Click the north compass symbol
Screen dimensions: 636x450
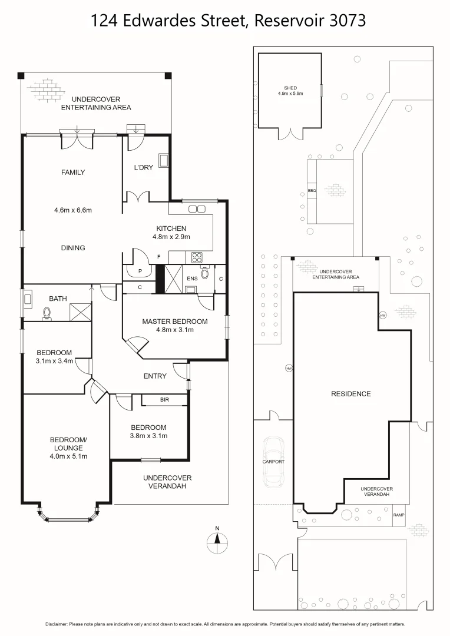[218, 538]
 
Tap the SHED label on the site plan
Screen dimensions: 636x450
[290, 88]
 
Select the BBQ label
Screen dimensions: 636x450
[312, 191]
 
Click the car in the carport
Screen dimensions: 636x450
[274, 462]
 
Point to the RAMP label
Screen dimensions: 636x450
[399, 515]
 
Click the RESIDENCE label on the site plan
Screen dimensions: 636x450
[350, 394]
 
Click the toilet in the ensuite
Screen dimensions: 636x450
[204, 273]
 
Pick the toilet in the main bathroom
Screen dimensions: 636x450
[47, 313]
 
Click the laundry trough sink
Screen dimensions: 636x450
[163, 161]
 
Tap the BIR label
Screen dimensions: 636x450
[164, 400]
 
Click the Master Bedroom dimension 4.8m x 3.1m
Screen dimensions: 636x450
[174, 330]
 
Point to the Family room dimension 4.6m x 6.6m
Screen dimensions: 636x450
[73, 210]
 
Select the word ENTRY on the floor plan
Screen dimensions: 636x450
[155, 376]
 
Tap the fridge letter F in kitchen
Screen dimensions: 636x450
[159, 257]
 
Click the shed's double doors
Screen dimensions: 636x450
[290, 134]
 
